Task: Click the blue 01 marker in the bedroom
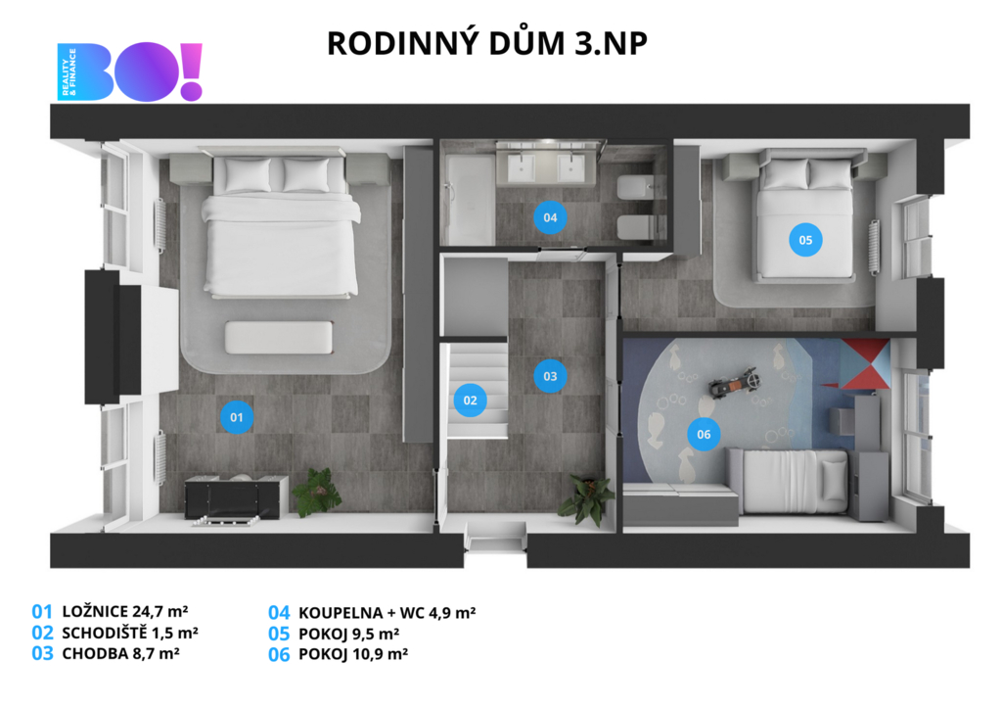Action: point(237,417)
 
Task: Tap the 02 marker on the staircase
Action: point(470,401)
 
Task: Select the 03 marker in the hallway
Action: point(550,376)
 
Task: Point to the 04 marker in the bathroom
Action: point(550,217)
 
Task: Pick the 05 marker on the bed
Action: point(805,240)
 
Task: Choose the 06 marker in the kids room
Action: point(704,434)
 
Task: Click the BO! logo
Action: point(130,71)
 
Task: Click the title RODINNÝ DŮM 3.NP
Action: point(487,43)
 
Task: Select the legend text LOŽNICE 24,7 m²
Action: point(125,611)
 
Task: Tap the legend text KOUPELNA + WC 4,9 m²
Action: point(387,613)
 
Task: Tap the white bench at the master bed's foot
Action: point(279,337)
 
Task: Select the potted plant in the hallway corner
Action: point(583,499)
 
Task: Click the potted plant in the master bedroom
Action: point(316,492)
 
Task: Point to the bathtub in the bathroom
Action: point(470,199)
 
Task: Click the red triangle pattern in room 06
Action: point(864,364)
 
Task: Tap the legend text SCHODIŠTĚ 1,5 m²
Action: point(130,633)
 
